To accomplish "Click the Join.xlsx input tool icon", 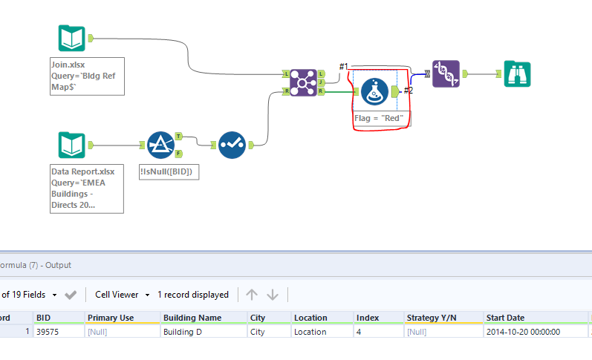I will [72, 38].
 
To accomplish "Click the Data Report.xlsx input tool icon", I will [72, 145].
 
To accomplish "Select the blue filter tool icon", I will [160, 145].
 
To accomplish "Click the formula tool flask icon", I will [375, 91].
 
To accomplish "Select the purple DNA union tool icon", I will [446, 73].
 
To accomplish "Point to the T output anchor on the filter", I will [178, 137].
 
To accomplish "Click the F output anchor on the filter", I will [178, 153].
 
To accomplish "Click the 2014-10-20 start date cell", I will [523, 332].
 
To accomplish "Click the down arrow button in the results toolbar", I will [273, 295].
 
